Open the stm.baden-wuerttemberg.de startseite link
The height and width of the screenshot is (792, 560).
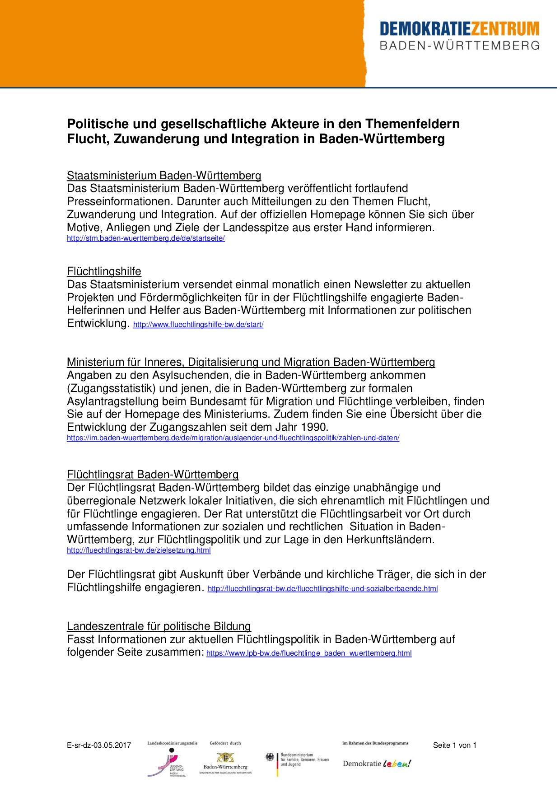[145, 238]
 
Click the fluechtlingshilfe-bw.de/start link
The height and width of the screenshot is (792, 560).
[198, 325]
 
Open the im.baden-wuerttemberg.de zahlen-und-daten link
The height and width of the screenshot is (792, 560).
[233, 438]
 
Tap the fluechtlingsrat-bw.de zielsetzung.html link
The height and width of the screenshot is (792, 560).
[139, 550]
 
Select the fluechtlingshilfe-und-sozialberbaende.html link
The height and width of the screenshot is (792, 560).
[322, 589]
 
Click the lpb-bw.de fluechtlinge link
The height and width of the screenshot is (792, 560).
[309, 653]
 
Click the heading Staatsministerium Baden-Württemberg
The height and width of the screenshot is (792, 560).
[164, 175]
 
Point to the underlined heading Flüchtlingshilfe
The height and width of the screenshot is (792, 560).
[104, 271]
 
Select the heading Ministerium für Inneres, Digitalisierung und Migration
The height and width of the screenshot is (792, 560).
[251, 362]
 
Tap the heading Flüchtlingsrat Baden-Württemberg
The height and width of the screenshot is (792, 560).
[153, 475]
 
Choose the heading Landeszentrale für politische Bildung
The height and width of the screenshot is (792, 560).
[159, 626]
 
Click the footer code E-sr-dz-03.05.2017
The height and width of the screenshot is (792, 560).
[98, 745]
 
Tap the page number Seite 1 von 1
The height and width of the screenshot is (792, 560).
[454, 745]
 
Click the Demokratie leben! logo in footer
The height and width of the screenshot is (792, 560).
[377, 764]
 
